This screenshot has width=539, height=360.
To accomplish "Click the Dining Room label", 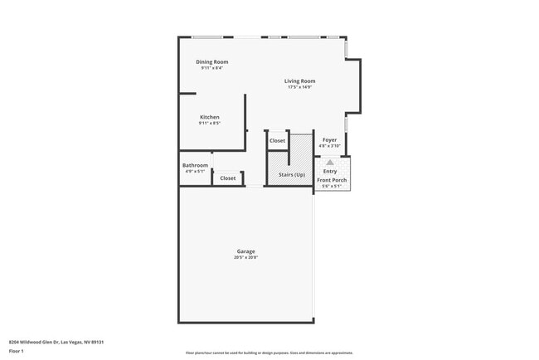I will point(211,62).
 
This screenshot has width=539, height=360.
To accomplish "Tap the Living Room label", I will point(299,81).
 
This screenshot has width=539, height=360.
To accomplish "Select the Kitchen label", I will point(209,118).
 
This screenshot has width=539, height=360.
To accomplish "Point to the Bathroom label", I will point(195,165).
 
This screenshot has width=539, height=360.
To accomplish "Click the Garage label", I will point(245,251).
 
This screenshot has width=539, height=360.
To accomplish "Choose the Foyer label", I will point(329,140).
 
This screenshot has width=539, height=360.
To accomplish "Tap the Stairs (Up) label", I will point(291,175).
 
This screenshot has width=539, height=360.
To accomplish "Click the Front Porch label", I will point(332,180).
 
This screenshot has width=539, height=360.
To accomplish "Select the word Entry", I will point(330,171).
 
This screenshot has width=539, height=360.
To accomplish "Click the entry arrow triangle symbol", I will point(330,163).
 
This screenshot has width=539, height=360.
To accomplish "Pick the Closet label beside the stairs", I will point(277,141).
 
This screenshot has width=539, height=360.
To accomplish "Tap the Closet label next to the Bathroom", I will point(227,178).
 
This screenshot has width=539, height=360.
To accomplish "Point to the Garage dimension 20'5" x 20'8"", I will point(245,257).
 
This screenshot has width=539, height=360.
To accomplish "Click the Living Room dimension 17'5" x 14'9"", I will point(299,87).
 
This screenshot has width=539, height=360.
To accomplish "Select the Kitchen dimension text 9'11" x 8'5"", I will point(209,124).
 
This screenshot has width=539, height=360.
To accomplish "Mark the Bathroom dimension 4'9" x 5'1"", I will point(194,171).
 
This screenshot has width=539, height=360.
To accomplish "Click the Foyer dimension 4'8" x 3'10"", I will point(329,146).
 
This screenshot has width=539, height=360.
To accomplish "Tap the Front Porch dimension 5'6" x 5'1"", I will point(332,186).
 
